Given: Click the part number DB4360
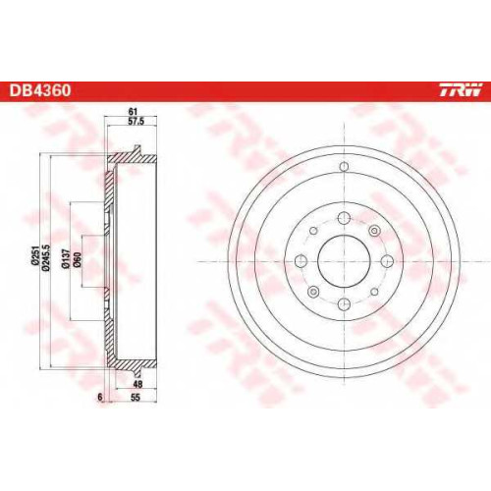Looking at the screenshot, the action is (x=40, y=90).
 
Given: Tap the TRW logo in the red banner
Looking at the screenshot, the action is (x=461, y=90).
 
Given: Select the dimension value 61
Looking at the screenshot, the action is (x=133, y=112).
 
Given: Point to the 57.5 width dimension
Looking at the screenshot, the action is (x=136, y=122).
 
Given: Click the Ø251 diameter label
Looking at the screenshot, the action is (x=35, y=256).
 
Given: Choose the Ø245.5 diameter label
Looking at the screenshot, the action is (x=46, y=258).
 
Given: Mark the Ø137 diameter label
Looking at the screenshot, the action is (x=66, y=259).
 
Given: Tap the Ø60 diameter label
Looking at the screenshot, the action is (x=78, y=260).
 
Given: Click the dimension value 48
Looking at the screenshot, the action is (x=137, y=384).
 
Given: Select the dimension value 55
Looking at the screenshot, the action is (x=136, y=398).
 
